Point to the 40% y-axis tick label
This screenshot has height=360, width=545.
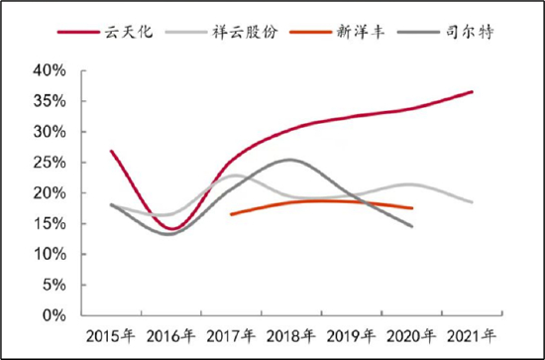[x=49, y=71]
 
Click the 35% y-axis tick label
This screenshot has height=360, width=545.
[x=49, y=102]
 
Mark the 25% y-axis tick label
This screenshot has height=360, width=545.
[x=49, y=163]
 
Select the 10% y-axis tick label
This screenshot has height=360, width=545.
[x=49, y=254]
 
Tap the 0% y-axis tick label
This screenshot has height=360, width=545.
[x=53, y=315]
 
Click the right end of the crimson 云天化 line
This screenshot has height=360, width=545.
[x=473, y=91]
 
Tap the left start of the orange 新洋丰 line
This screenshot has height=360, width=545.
[x=231, y=214]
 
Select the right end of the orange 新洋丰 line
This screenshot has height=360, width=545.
[x=412, y=208]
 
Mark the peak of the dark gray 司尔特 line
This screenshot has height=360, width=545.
[x=289, y=160]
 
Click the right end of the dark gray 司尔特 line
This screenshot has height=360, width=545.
[x=412, y=226]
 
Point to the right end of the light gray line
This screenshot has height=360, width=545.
[x=473, y=202]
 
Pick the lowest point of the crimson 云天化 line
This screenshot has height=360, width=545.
[x=171, y=229]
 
